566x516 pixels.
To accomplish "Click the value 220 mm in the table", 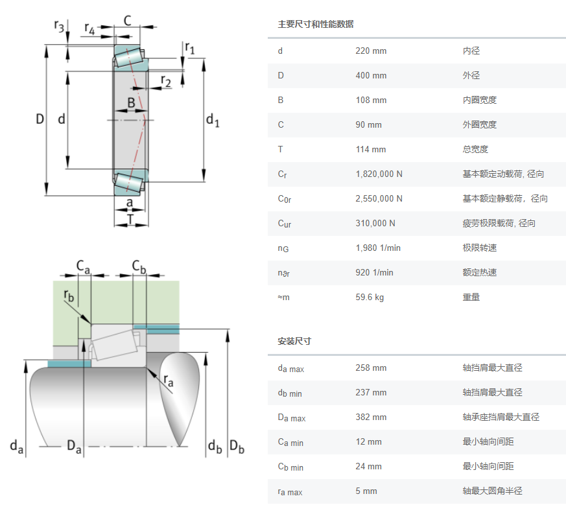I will point(371,51).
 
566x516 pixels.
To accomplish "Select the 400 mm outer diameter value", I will point(371,76).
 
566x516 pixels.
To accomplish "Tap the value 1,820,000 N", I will point(379,174).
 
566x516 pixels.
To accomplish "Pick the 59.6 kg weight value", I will point(370,298).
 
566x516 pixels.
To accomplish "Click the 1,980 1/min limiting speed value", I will point(378,248).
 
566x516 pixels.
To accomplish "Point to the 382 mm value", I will point(371,417).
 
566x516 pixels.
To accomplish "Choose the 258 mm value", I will point(371,368).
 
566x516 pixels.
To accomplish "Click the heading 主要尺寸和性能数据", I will point(316,25).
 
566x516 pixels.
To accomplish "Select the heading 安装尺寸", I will point(294,341).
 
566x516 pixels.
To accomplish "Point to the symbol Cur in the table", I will point(284,224).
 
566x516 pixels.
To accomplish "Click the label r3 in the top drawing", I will point(60,27).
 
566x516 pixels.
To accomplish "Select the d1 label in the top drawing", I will point(213,120).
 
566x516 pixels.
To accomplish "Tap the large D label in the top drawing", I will point(40,119).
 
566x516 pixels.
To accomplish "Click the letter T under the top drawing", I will point(130,219).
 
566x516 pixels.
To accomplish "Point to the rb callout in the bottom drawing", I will point(69,296).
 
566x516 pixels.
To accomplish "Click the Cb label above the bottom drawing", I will point(139,266).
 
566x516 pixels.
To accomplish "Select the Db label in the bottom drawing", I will point(237,447).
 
